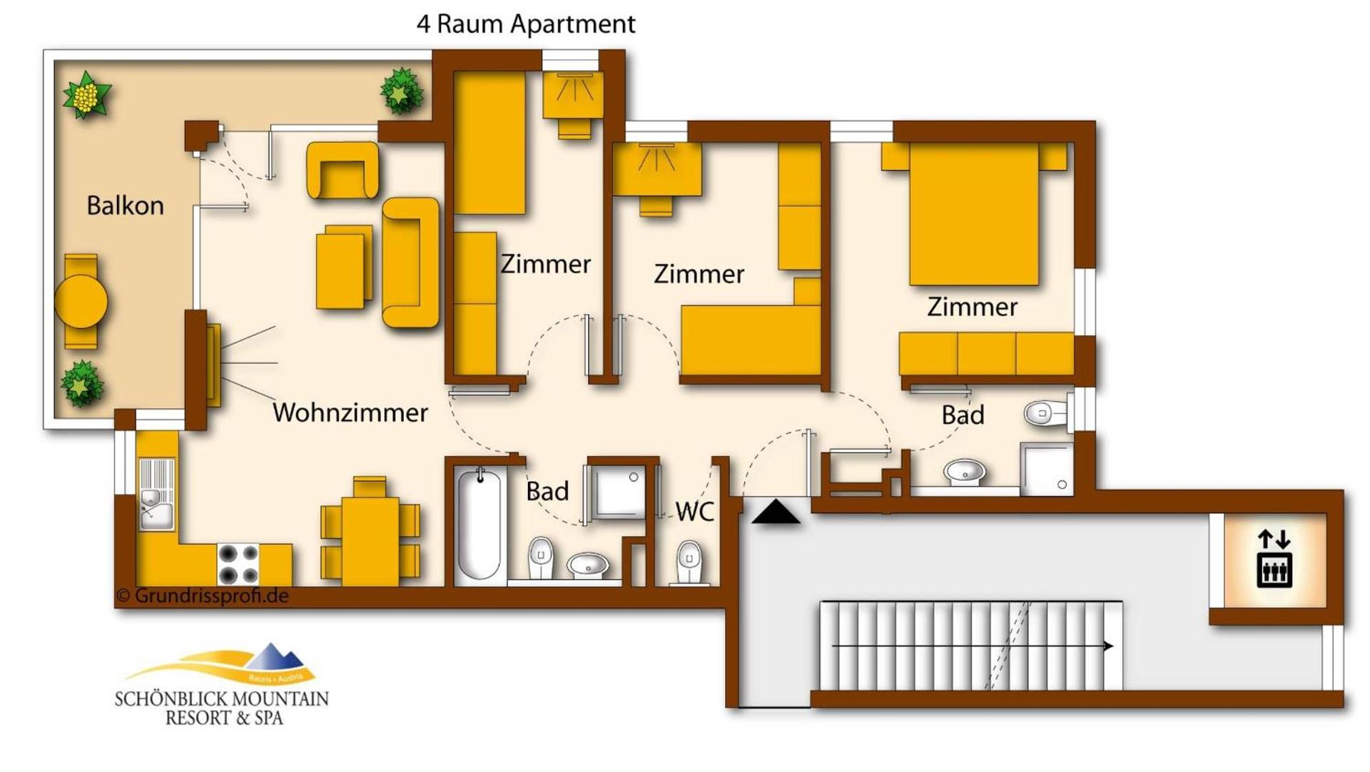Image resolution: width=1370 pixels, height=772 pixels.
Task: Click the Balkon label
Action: tap(125, 206)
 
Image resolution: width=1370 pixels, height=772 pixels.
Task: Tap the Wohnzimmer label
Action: tap(350, 412)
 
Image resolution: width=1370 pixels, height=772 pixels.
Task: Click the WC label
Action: tap(694, 511)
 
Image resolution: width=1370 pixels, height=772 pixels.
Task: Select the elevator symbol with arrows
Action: tap(1274, 559)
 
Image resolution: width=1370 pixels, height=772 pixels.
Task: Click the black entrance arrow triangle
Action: tap(776, 513)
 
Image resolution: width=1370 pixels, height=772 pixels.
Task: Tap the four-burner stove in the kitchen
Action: tap(238, 564)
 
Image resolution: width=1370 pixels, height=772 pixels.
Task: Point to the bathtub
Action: tap(479, 525)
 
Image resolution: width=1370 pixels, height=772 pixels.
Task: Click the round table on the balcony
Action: tap(81, 302)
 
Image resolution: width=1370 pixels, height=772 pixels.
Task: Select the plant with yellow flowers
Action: tap(87, 94)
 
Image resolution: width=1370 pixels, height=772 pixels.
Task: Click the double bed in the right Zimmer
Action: tap(973, 214)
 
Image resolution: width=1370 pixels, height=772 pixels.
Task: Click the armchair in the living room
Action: tap(342, 171)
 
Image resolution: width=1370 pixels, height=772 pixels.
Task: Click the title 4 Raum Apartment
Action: tap(526, 24)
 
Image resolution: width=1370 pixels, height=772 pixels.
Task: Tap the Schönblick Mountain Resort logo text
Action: tap(222, 707)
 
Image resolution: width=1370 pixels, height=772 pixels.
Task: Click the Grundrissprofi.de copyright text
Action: tap(203, 596)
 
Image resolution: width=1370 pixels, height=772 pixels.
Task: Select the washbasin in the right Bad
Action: tap(965, 472)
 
